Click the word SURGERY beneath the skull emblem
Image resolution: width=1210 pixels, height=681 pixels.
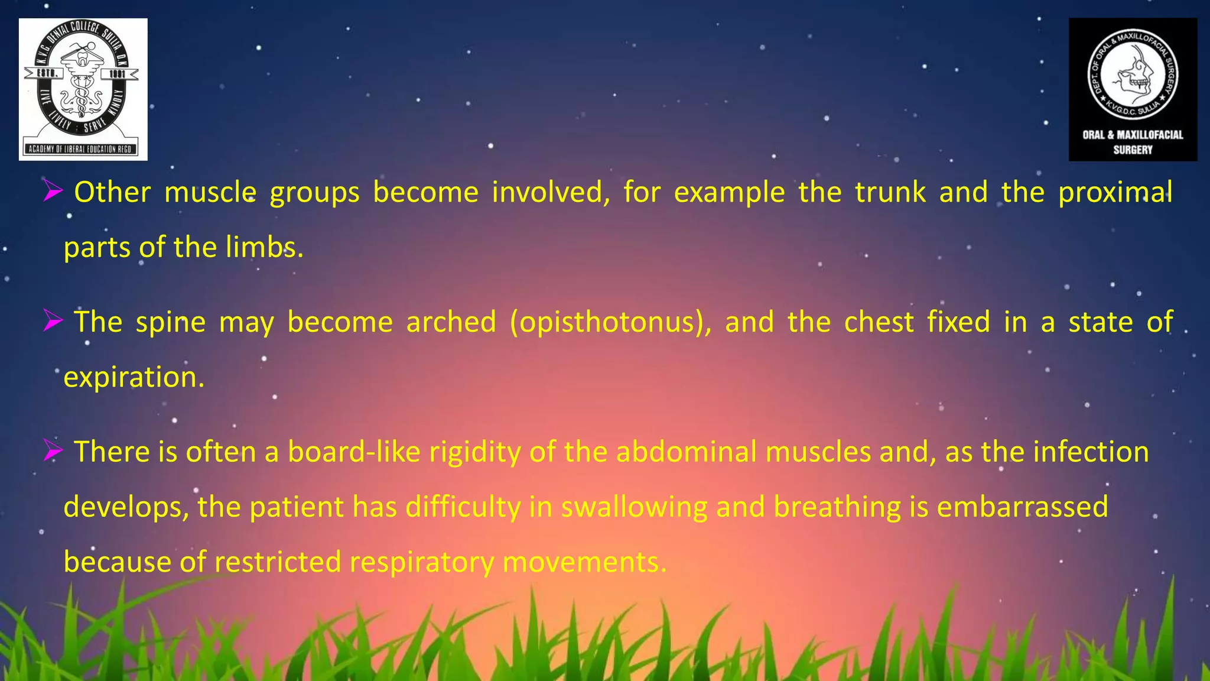tap(1133, 150)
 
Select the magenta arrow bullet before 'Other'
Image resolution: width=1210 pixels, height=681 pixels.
tap(53, 192)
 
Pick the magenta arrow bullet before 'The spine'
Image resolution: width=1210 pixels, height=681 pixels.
tap(53, 322)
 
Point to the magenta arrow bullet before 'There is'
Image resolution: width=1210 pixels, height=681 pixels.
tap(53, 452)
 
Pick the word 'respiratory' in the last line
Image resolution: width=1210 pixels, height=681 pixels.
tap(421, 562)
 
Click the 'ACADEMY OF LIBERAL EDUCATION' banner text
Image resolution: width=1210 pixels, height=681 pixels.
tap(83, 149)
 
